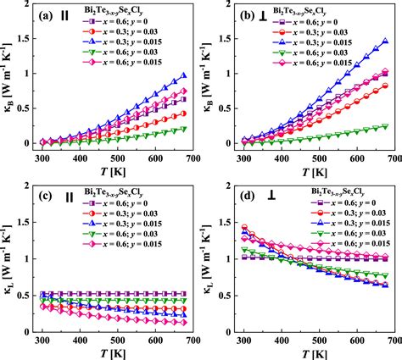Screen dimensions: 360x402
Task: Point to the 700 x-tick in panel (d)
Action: point(388,338)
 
